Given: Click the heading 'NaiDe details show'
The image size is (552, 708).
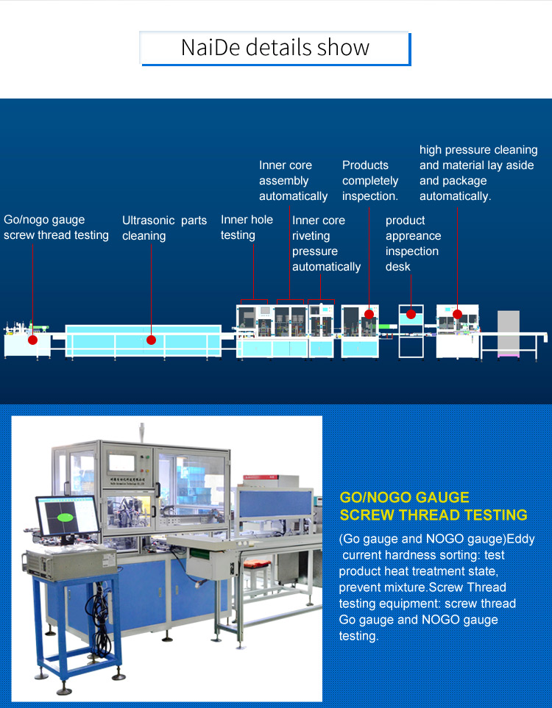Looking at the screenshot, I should tap(275, 48).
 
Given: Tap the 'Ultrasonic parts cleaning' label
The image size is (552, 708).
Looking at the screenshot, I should tap(164, 228).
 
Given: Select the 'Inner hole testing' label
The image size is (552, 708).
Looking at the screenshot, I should tap(247, 227).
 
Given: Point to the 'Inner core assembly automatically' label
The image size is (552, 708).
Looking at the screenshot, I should tap(293, 181).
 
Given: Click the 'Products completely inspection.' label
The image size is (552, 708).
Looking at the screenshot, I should tap(370, 181).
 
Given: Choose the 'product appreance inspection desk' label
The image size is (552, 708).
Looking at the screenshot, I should tap(413, 243).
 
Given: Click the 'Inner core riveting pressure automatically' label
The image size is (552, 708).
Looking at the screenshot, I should tap(326, 243).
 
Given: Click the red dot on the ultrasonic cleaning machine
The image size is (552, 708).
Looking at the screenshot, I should tap(151, 340).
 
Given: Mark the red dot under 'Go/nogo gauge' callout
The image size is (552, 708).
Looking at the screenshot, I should tap(32, 340).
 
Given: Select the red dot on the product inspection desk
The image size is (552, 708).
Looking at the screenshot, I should tap(411, 315).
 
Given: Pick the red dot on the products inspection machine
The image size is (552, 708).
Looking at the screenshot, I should tap(369, 315).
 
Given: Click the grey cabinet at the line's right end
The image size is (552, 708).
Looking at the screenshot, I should tap(508, 333).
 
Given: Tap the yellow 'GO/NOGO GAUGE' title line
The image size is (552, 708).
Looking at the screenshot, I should tap(404, 498).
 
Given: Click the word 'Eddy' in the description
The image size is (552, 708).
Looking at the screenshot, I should tap(520, 539).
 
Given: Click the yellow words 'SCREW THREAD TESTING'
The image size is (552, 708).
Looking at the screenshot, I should tap(433, 515).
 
